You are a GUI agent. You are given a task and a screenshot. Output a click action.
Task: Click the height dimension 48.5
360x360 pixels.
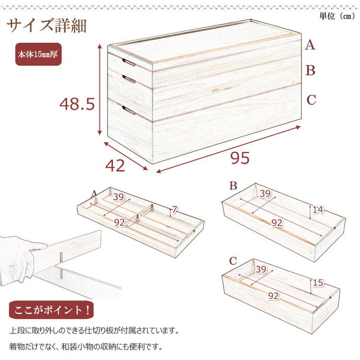(77, 104)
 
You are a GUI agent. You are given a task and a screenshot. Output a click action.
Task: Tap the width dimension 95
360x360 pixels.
(240, 158)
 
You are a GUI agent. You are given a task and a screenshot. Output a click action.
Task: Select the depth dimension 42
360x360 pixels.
(115, 166)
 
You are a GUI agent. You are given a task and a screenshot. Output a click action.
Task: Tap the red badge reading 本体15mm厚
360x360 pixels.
(38, 54)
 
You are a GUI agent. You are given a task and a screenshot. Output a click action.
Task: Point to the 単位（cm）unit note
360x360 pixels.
(337, 16)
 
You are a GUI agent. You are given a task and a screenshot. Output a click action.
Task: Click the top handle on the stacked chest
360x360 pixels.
(129, 62)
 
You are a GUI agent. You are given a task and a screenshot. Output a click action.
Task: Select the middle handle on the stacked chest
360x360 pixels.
(129, 79)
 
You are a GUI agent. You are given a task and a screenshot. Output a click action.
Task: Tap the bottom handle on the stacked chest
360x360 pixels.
(129, 110)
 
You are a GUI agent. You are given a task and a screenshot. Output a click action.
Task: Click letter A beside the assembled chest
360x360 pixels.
(310, 45)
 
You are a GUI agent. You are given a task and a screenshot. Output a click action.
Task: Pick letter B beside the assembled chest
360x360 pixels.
(311, 70)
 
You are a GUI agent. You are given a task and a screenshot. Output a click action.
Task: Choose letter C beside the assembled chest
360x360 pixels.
(312, 100)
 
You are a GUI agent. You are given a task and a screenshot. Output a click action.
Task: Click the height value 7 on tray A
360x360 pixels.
(175, 209)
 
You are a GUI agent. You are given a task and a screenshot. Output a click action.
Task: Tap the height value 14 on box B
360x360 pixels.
(318, 210)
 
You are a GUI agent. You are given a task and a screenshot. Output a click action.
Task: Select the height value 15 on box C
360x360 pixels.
(318, 283)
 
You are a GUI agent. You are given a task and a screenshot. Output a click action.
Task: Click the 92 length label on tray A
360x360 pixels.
(120, 222)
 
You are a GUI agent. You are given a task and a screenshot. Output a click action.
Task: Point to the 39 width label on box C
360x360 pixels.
(261, 269)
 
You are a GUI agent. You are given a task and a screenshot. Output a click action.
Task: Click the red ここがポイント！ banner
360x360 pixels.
(51, 310)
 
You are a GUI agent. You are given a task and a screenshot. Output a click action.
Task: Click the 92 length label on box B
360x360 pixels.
(277, 223)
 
